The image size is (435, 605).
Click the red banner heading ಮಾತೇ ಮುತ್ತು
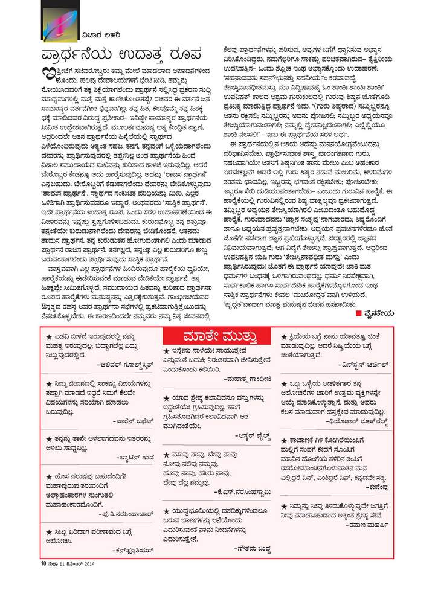218,336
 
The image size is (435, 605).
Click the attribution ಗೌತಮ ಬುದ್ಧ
256,547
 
